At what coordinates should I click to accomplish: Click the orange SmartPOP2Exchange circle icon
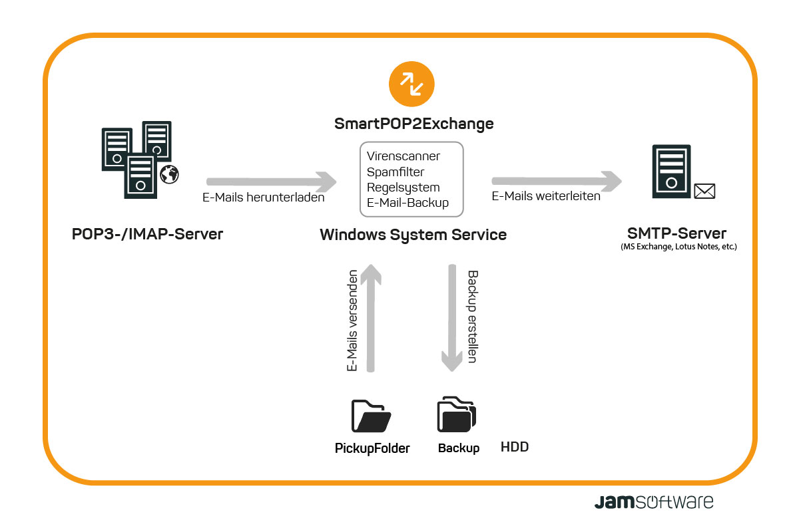[411, 84]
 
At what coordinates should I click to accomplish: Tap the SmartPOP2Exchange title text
[413, 124]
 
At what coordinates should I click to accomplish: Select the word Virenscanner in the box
[403, 156]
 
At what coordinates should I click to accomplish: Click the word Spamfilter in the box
[396, 172]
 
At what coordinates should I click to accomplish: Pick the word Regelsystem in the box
[403, 188]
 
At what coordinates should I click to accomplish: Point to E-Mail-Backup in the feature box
[407, 203]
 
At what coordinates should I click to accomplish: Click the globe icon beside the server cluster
[169, 175]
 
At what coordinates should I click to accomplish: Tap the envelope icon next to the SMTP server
[704, 191]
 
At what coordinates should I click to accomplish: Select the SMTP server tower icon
[671, 172]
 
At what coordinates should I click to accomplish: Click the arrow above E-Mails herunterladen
[271, 182]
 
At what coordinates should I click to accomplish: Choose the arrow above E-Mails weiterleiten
[557, 182]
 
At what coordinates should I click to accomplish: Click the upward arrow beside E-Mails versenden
[371, 318]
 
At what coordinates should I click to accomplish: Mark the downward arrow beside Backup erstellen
[452, 318]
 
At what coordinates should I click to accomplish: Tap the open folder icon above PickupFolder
[371, 416]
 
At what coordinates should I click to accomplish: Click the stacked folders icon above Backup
[457, 414]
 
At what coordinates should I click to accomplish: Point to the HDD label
[514, 447]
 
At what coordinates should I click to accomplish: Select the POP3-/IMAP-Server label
[147, 234]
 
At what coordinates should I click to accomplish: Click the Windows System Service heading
[413, 235]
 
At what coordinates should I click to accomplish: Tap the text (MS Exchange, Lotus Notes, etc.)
[678, 247]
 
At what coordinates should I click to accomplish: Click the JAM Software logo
[654, 501]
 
